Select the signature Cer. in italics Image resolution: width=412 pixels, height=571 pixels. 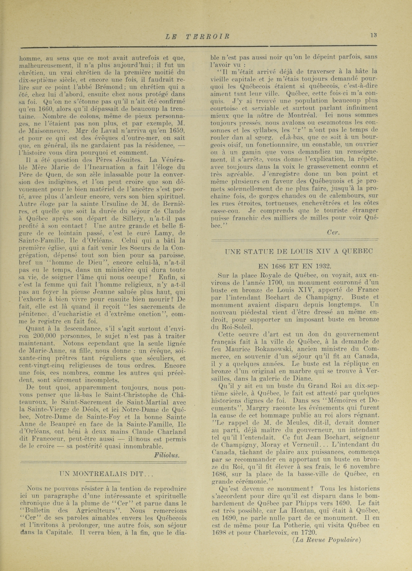pos(333,233)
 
